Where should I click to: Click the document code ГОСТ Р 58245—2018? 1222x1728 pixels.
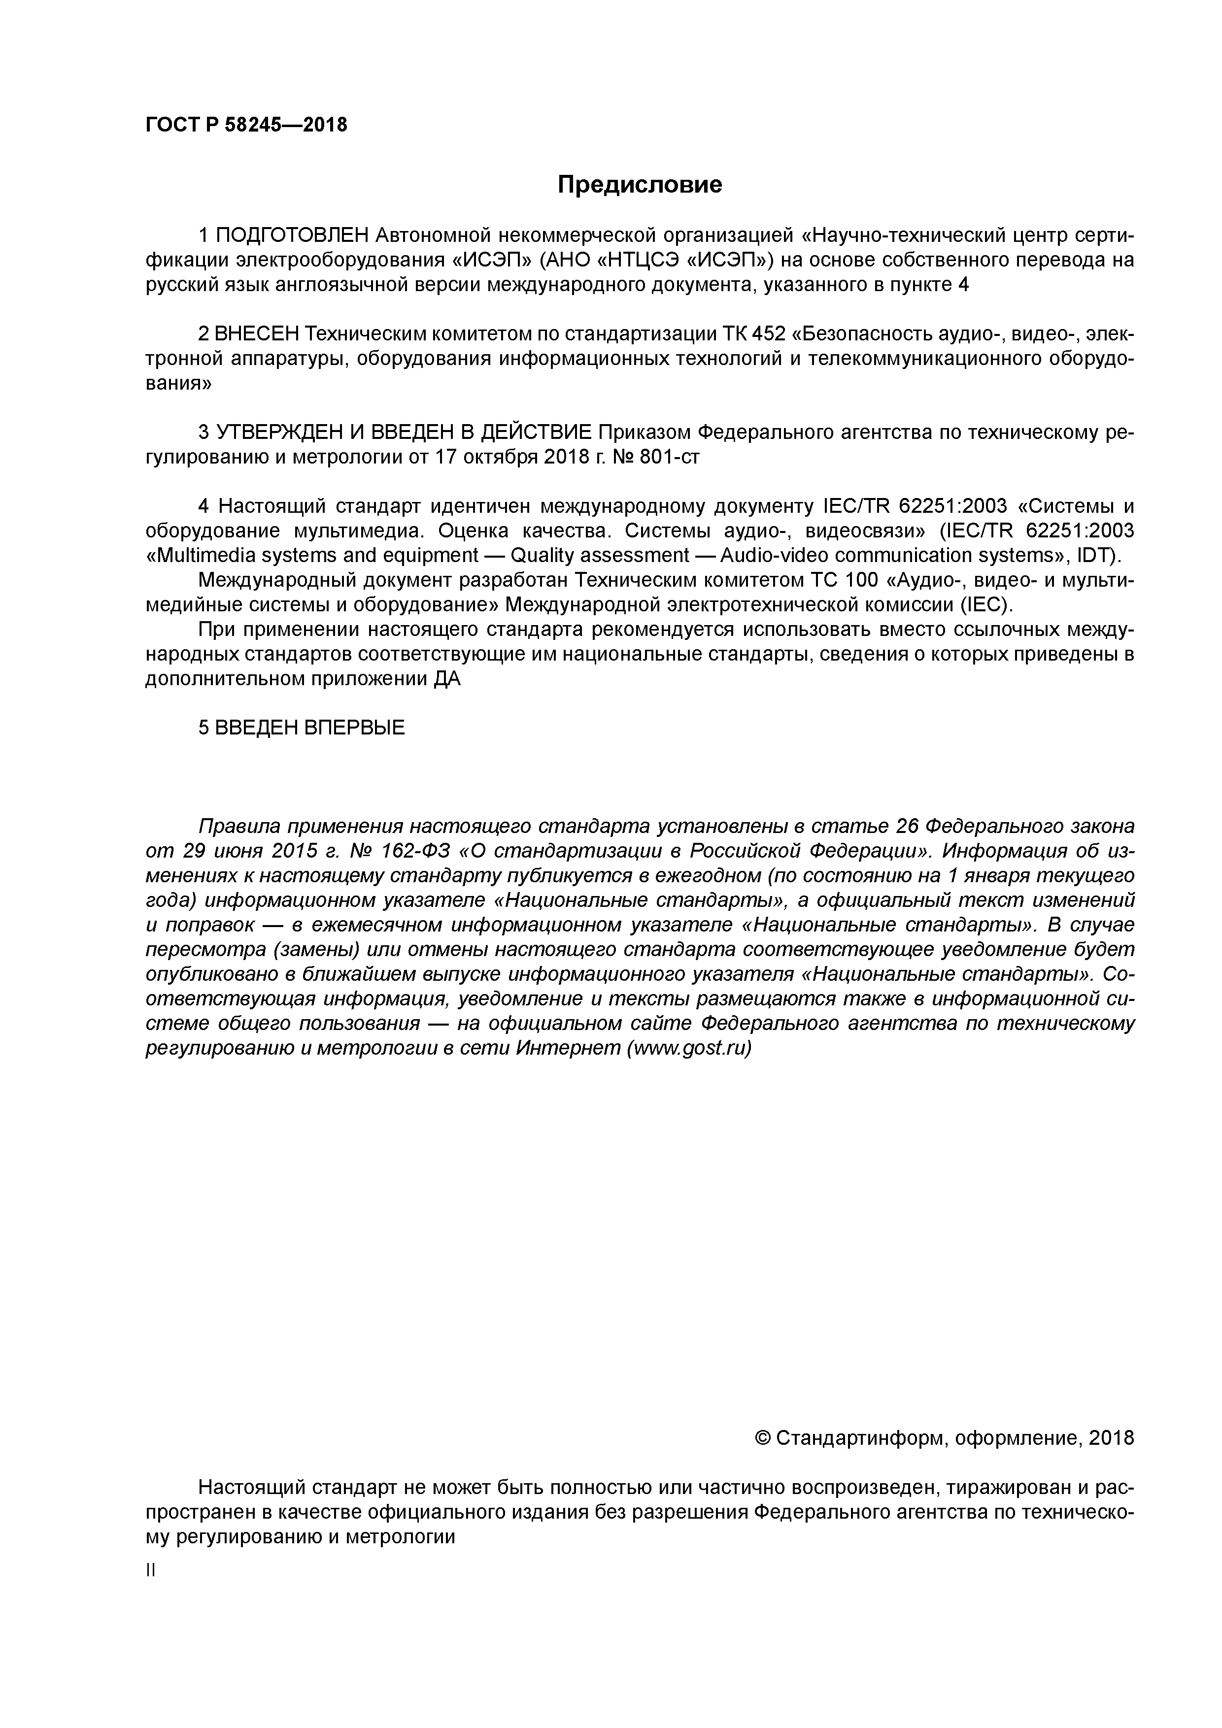(x=246, y=125)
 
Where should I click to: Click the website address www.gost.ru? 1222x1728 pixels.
(x=689, y=1048)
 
